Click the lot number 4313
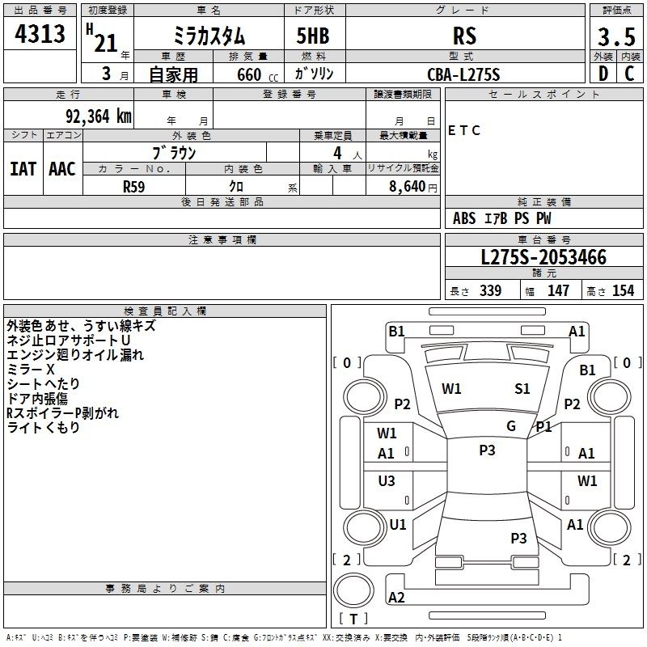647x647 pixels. point(40,34)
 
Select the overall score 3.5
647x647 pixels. point(616,36)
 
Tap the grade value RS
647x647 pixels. point(464,36)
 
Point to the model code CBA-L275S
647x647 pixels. point(463,74)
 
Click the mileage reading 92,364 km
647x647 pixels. point(99,116)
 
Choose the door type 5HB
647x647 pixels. point(313,36)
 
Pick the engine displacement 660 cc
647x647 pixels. point(257,75)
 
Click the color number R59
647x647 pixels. point(133,187)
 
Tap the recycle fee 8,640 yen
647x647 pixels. point(413,187)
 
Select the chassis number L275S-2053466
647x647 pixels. point(543,257)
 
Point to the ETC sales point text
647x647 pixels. point(463,130)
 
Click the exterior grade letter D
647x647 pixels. point(603,74)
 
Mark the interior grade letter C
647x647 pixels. point(630,74)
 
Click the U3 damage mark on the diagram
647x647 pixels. point(387,480)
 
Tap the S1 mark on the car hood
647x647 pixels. point(522,389)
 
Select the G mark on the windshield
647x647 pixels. point(511,426)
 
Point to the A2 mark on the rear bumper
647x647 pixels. point(396,598)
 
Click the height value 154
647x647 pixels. point(623,290)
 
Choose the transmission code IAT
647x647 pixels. point(23,169)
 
